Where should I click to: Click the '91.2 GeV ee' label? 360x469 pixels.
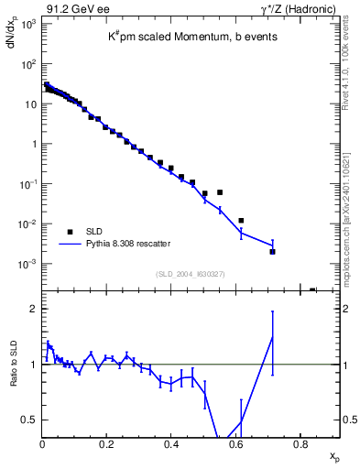pos(70,9)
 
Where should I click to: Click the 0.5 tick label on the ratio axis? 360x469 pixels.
pos(29,420)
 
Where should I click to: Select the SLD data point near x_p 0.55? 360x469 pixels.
pos(221,192)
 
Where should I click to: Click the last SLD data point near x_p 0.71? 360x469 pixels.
pos(272,251)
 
